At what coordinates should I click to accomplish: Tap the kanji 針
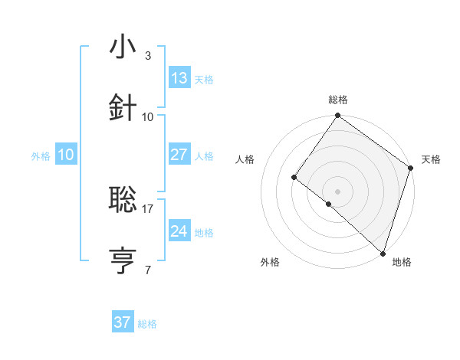pos(123,107)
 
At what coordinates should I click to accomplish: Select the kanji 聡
pos(123,200)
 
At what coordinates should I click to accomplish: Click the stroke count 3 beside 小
pos(148,56)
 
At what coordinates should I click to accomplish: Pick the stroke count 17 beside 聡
pos(148,208)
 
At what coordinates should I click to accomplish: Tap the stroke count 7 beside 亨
pos(148,270)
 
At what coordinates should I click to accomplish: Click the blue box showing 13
pos(179,78)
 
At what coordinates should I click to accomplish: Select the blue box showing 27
pos(179,155)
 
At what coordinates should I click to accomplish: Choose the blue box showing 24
pos(179,231)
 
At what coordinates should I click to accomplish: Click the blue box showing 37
pos(122,322)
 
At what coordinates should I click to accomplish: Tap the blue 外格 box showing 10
pos(65,155)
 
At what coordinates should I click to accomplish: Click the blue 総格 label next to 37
pos(147,324)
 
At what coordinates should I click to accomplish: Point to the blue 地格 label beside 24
pos(204,233)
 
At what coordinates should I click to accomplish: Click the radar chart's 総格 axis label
pos(338,100)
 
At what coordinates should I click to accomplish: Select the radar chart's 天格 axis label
pos(431,159)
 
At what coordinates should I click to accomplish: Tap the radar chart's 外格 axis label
pos(270,262)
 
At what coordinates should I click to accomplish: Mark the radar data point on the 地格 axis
pos(383,254)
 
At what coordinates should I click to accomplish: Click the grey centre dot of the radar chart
pos(338,191)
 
